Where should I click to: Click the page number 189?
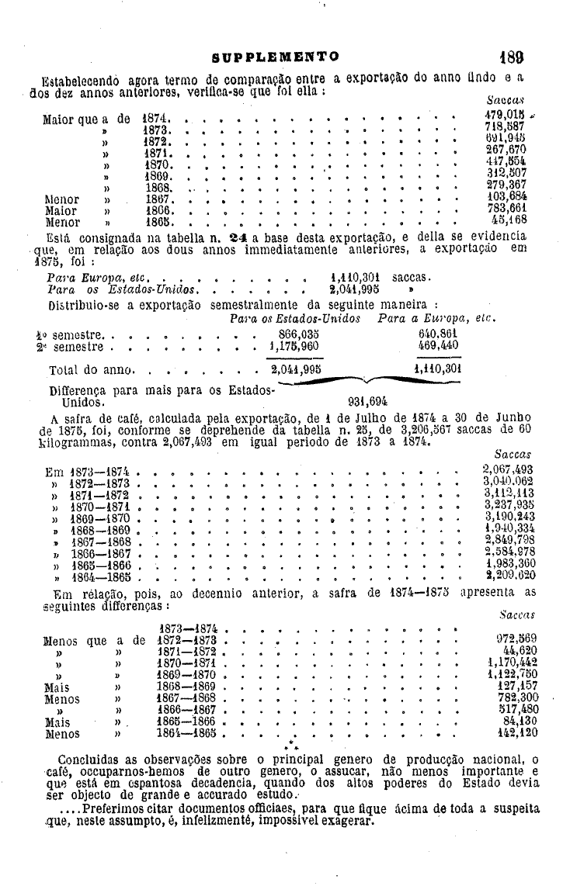point(513,57)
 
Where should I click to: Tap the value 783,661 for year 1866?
point(507,210)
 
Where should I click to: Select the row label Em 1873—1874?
point(91,470)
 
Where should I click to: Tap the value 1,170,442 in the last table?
point(512,663)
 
